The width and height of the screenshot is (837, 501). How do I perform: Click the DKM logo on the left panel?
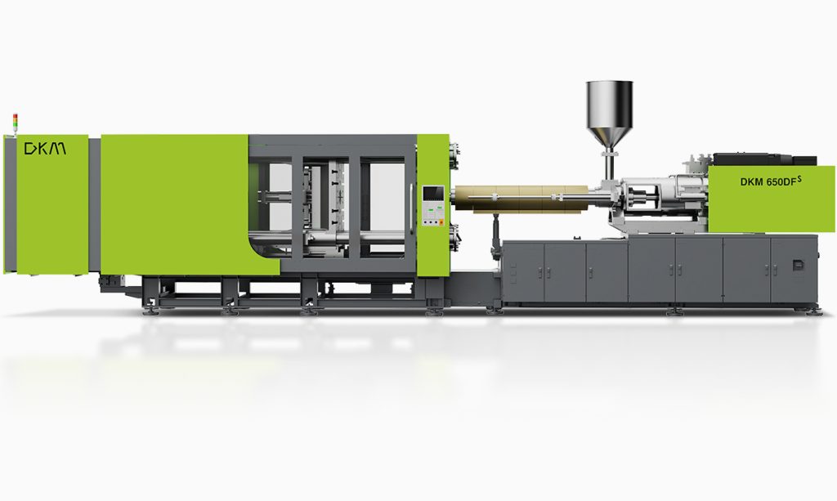tap(46, 148)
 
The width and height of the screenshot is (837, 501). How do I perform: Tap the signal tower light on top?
tap(15, 122)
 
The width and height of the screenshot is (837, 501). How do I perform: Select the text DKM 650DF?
tap(768, 182)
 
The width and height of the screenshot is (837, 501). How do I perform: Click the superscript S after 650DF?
tap(799, 178)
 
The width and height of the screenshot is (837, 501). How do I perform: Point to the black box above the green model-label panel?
tap(764, 159)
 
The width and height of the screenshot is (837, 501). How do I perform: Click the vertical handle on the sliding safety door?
tap(411, 209)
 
